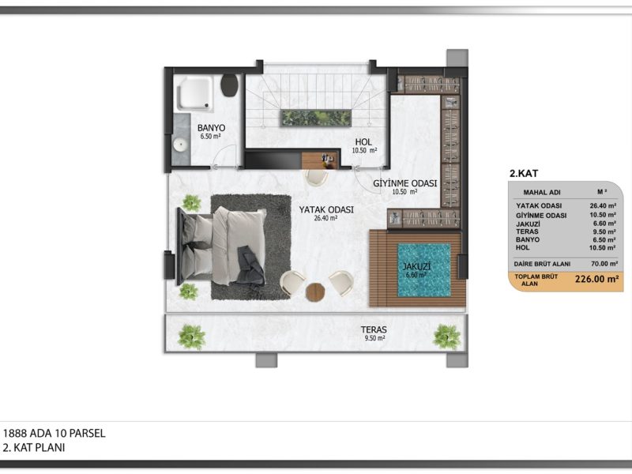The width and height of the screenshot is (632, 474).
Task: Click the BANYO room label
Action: point(211,128)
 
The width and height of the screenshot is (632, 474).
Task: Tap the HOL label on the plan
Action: point(363,142)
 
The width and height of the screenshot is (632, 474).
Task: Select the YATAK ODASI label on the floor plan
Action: point(326,209)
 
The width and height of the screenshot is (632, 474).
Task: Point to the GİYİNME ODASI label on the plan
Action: point(404,183)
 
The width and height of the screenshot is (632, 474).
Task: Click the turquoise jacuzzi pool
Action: point(424,269)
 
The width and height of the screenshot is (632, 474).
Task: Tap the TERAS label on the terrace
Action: point(374,329)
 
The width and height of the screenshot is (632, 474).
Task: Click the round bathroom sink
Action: point(180,145)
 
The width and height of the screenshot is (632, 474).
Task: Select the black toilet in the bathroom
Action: point(229,85)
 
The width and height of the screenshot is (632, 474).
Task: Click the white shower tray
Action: point(195,94)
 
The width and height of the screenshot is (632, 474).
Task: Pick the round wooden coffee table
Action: point(315,292)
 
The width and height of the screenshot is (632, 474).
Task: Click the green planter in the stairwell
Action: point(316,118)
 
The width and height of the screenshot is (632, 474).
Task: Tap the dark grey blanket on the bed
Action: point(250,266)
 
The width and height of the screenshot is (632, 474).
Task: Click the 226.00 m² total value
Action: point(596,279)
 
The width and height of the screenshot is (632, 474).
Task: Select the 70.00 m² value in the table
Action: point(604,264)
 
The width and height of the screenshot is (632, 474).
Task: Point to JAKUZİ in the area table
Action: point(528,224)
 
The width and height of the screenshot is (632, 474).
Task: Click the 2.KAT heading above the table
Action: point(524,174)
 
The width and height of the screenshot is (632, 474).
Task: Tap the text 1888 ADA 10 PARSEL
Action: point(54,433)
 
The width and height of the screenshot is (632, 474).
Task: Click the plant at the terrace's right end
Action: point(446,337)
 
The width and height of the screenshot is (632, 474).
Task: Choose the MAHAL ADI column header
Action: point(542,192)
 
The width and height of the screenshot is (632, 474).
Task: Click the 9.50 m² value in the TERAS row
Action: point(604,231)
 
